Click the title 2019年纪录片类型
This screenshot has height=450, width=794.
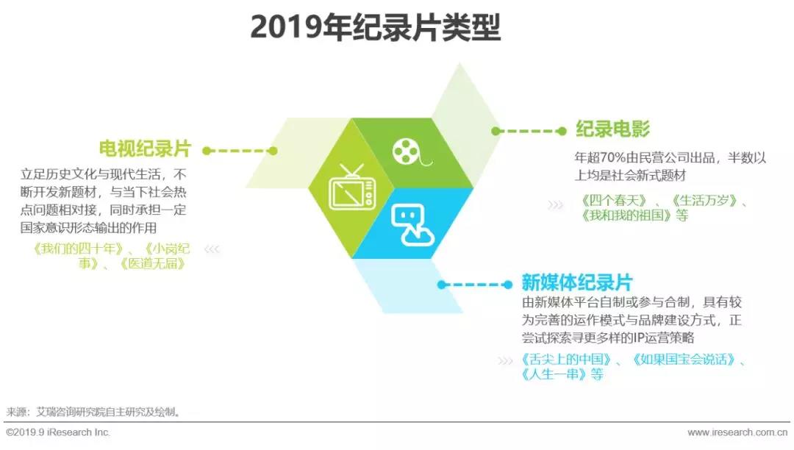point(375,26)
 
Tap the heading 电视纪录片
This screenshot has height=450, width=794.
point(145,149)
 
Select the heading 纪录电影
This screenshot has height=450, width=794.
point(612,129)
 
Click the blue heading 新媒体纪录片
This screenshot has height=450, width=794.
point(577,282)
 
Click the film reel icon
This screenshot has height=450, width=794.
point(411,151)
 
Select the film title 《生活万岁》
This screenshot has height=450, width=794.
point(704,201)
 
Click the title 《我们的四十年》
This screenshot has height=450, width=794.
point(77,249)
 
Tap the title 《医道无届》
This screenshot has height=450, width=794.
point(152,264)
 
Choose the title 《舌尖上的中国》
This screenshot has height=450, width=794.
point(566,360)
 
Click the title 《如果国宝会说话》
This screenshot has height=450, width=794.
point(684,360)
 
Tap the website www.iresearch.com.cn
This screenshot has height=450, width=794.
point(737,433)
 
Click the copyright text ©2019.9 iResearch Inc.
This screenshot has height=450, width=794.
point(58,433)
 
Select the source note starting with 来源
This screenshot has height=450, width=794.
point(93,412)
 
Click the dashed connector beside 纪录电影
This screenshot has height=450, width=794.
point(529,132)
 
